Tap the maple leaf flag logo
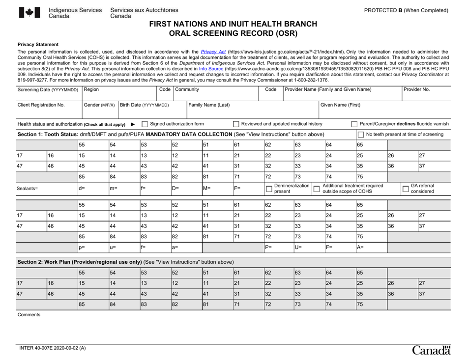pos(27,13)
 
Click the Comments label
pos(29,314)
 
